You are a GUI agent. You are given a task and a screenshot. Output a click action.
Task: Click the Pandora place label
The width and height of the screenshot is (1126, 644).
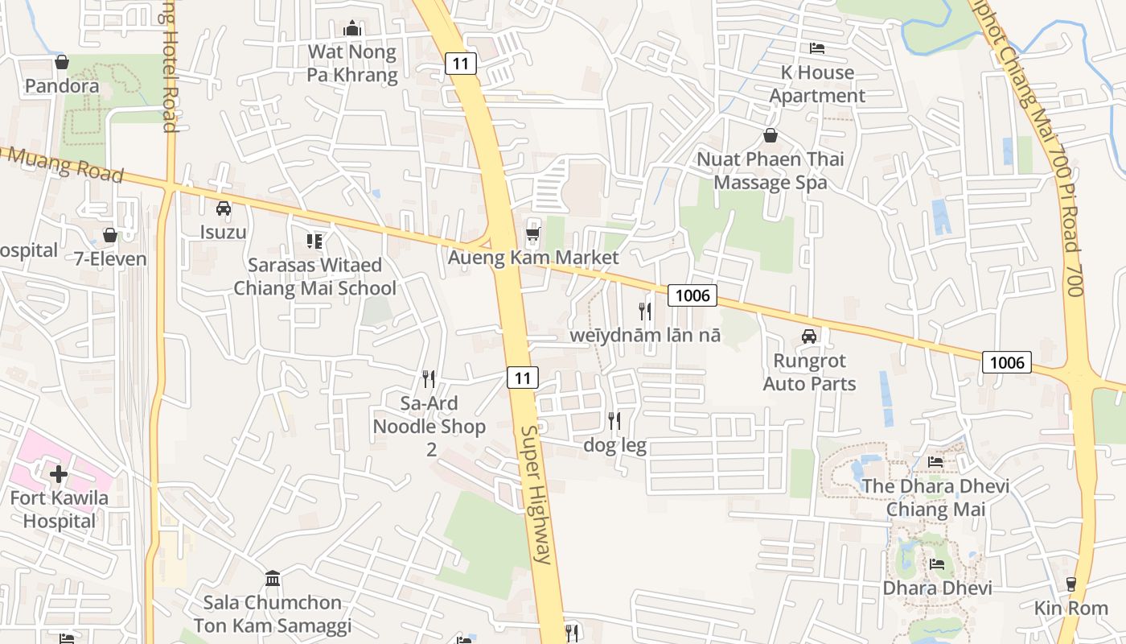[x=62, y=85]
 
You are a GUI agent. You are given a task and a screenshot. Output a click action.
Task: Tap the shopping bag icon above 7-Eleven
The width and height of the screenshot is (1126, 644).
[x=110, y=235]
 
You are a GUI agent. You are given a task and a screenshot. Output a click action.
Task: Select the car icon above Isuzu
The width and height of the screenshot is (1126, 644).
[x=224, y=208]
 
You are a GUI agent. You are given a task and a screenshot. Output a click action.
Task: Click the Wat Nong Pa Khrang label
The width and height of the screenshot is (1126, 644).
[x=352, y=64]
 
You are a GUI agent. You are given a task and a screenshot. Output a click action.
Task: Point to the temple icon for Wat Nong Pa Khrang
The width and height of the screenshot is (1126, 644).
[x=352, y=29]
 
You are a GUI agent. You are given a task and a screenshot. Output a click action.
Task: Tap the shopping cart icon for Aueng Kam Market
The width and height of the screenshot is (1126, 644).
[x=532, y=234]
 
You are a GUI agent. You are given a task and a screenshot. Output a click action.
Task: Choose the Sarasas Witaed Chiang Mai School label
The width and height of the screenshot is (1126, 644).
[x=314, y=276]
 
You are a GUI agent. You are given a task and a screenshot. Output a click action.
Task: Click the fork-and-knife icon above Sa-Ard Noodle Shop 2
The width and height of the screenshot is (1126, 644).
[x=429, y=378]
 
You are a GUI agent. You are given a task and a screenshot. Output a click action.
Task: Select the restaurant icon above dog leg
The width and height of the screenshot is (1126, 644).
[x=614, y=420]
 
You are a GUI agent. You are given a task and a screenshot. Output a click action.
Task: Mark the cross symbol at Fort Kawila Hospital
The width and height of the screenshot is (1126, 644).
[x=59, y=473]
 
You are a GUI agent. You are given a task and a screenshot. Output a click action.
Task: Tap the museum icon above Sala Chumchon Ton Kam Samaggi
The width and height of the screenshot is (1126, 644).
[x=273, y=578]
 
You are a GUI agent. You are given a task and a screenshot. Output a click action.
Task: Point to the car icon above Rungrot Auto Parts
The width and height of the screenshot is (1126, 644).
[x=809, y=336]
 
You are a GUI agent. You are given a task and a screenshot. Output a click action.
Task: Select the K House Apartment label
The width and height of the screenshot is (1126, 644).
[x=817, y=84]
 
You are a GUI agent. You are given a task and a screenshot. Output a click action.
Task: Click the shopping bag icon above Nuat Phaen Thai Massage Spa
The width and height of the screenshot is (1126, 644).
[x=770, y=134]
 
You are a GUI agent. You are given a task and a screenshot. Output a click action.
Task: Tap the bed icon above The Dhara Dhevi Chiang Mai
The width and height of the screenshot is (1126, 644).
[x=935, y=462]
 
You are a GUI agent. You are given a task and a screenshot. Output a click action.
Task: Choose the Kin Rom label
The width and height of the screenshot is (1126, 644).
[x=1071, y=608]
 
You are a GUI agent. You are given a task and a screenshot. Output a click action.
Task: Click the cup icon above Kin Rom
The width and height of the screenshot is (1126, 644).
[x=1071, y=584]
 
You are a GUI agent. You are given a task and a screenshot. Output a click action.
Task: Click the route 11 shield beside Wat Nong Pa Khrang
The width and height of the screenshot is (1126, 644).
[x=461, y=63]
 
